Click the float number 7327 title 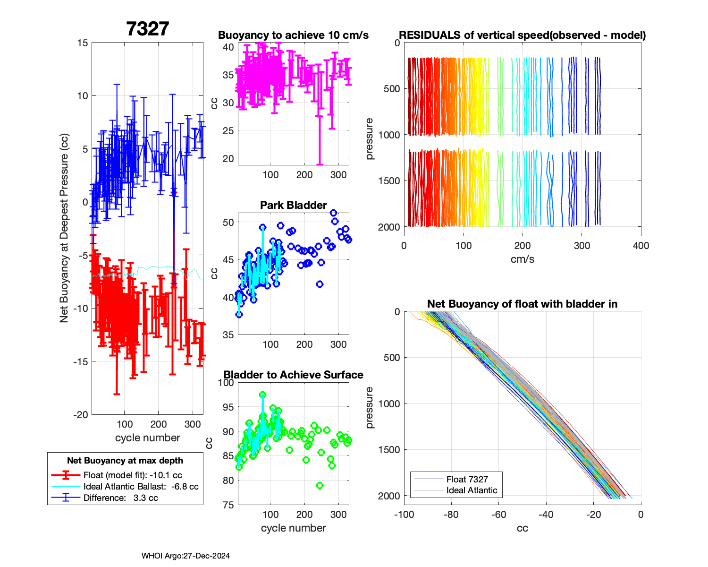tap(147, 29)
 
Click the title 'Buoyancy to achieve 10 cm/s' tap(293, 35)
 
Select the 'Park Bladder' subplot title tap(293, 205)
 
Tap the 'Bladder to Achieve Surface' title tap(293, 375)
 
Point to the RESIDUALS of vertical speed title tap(522, 35)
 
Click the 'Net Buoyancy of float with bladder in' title tap(522, 304)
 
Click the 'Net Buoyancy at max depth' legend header tap(125, 461)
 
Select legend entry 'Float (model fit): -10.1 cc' tap(133, 475)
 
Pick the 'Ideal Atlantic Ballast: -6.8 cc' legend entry tap(141, 487)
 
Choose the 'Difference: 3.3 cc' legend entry tap(120, 498)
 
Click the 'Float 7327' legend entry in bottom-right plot tap(467, 479)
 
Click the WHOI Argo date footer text tap(185, 556)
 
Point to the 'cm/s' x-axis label tap(522, 259)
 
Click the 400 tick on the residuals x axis tap(641, 246)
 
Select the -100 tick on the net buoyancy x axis tap(404, 515)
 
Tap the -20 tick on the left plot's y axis tap(80, 415)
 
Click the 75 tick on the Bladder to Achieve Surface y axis tap(228, 505)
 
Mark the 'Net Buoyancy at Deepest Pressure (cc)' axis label tap(64, 229)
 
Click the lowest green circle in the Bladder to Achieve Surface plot tap(320, 486)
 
